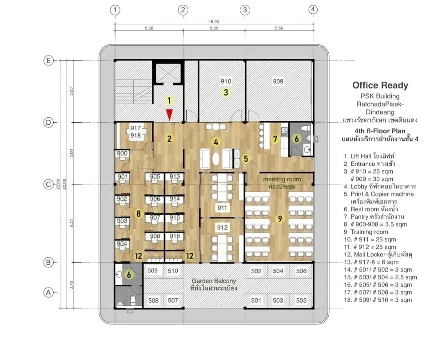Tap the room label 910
coord(226,81)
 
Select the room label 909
coord(278,81)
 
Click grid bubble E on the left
coord(48,60)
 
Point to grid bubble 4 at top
coord(313,10)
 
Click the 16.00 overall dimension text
coord(214,22)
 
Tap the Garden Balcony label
coord(214,281)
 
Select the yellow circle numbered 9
coord(280,219)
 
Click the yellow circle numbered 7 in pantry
coord(275,139)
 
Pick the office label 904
coord(122,244)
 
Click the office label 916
coord(175,236)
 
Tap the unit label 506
coord(301,271)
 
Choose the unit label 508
coord(153,300)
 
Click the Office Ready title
coord(380,85)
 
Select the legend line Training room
coord(366,232)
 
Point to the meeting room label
coord(282,179)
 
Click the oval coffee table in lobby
coord(216,159)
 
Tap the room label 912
coord(222,228)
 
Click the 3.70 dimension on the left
coord(72,285)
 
